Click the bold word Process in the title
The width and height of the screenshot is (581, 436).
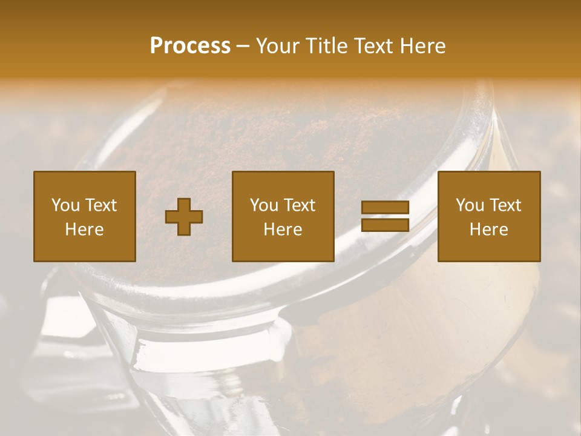[x=190, y=46]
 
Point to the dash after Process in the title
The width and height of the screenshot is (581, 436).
[x=243, y=47]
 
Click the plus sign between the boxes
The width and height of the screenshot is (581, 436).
[x=184, y=217]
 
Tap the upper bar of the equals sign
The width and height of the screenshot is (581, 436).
[x=385, y=208]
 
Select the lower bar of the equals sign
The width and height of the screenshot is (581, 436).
[x=385, y=225]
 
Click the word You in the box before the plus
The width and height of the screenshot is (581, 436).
[x=65, y=205]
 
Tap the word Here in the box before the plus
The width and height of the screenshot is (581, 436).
[x=84, y=230]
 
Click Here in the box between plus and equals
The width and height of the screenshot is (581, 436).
[x=283, y=230]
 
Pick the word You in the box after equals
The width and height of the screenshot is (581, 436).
[x=470, y=205]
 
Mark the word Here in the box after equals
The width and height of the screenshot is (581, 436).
[x=488, y=230]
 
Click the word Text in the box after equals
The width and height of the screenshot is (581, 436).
[x=505, y=205]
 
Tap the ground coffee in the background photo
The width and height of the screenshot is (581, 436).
[x=290, y=133]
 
